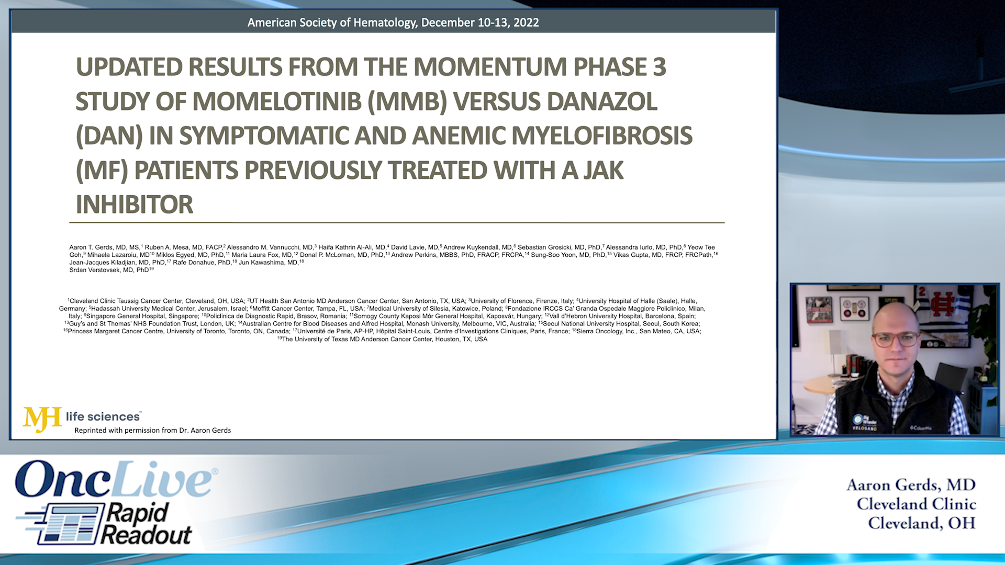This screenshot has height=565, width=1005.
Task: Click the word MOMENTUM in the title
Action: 490,67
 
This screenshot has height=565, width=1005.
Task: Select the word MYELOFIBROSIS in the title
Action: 601,136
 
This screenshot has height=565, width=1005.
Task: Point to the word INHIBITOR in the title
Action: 135,205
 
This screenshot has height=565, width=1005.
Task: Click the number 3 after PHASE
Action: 659,67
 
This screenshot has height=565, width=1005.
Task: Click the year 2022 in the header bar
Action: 526,22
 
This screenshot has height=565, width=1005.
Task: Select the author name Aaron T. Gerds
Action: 91,247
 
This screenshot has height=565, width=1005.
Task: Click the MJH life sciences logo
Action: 81,417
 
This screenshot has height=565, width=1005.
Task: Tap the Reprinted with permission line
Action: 152,431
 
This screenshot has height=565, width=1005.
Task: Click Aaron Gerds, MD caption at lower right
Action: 911,485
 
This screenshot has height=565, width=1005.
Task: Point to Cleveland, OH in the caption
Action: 921,523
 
